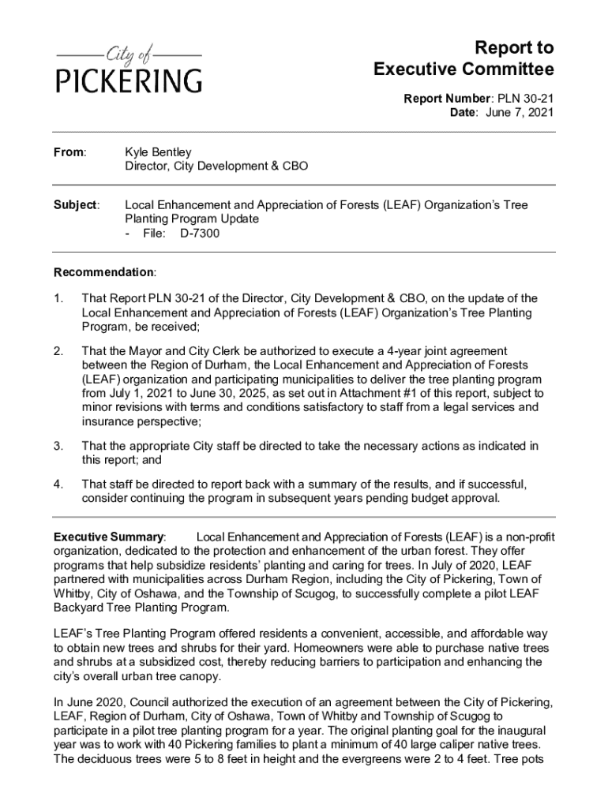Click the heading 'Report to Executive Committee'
pos(464,58)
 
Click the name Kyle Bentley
pos(158,151)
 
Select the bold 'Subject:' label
pos(76,205)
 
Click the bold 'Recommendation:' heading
pos(104,272)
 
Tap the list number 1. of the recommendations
pos(58,299)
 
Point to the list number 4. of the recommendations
pos(58,484)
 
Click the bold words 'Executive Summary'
pos(108,537)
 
